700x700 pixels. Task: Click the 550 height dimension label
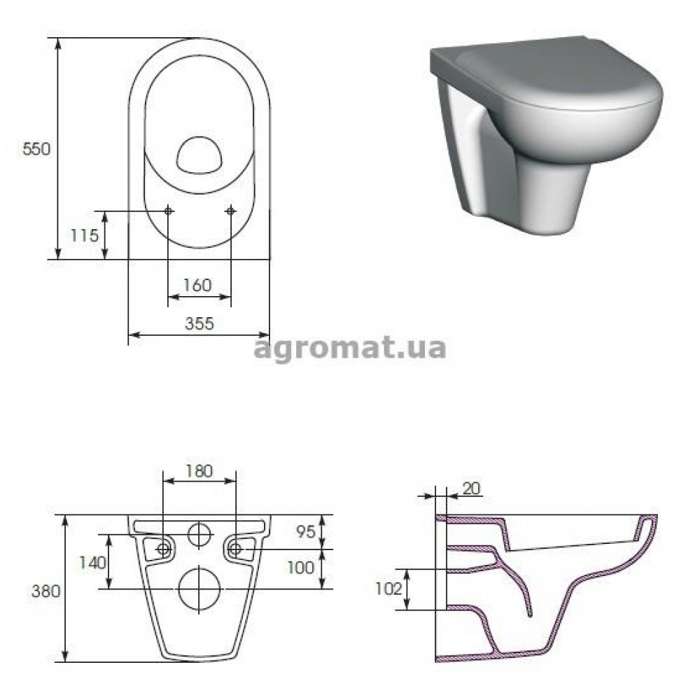point(36,149)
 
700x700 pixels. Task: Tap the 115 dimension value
point(85,235)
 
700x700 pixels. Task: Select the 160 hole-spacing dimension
point(197,285)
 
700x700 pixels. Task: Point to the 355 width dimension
point(199,323)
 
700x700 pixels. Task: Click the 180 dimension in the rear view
point(199,471)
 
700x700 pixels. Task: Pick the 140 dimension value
point(93,563)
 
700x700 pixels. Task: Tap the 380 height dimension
point(45,591)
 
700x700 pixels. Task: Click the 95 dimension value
point(306,531)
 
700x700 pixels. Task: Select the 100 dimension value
point(301,568)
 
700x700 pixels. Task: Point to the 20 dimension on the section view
point(471,489)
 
